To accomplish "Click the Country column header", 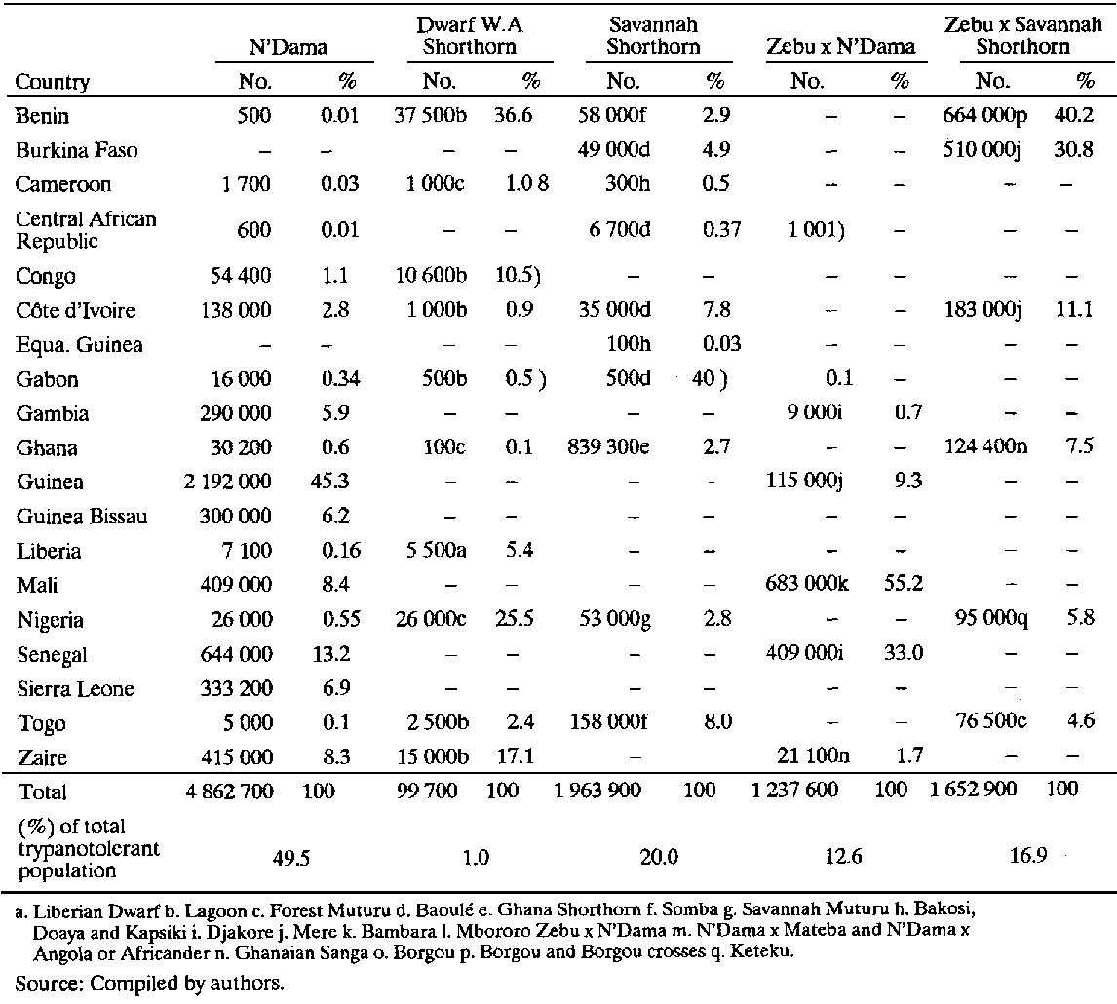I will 53,82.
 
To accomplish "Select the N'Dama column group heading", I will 286,46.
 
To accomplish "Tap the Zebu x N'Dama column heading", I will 840,46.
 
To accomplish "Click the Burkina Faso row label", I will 77,150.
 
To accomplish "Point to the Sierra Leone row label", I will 75,689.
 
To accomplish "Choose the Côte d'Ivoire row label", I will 75,311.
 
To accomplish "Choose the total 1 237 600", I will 794,791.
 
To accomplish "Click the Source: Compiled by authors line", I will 150,984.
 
